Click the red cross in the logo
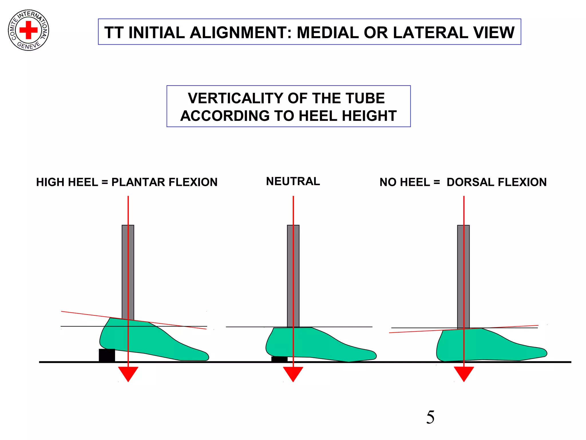coord(28,30)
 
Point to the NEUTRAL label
coord(293,181)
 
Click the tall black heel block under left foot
coord(107,355)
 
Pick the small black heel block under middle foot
coord(279,359)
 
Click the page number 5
coord(430,417)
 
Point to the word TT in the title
coord(114,32)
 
